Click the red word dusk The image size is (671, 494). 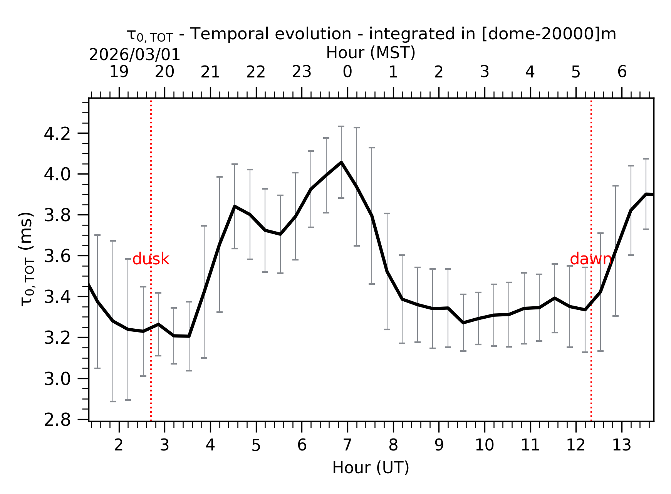pyautogui.click(x=151, y=259)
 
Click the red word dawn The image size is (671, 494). pyautogui.click(x=590, y=259)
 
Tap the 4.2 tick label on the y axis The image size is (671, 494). pyautogui.click(x=57, y=134)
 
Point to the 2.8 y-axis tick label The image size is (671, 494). pyautogui.click(x=57, y=420)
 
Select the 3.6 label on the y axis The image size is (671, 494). pyautogui.click(x=57, y=256)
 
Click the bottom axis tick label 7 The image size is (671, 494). pyautogui.click(x=347, y=445)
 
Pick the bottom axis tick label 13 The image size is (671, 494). pyautogui.click(x=621, y=445)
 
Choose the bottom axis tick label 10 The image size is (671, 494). pyautogui.click(x=484, y=445)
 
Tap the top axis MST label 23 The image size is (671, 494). pyautogui.click(x=302, y=72)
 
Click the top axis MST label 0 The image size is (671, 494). pyautogui.click(x=347, y=72)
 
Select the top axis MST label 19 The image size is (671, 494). pyautogui.click(x=119, y=72)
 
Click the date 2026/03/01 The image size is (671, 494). pyautogui.click(x=134, y=55)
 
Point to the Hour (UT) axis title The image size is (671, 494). pyautogui.click(x=371, y=468)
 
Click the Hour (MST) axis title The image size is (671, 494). pyautogui.click(x=371, y=53)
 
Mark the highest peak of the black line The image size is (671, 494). pyautogui.click(x=341, y=163)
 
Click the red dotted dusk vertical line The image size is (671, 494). pyautogui.click(x=151, y=347)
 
